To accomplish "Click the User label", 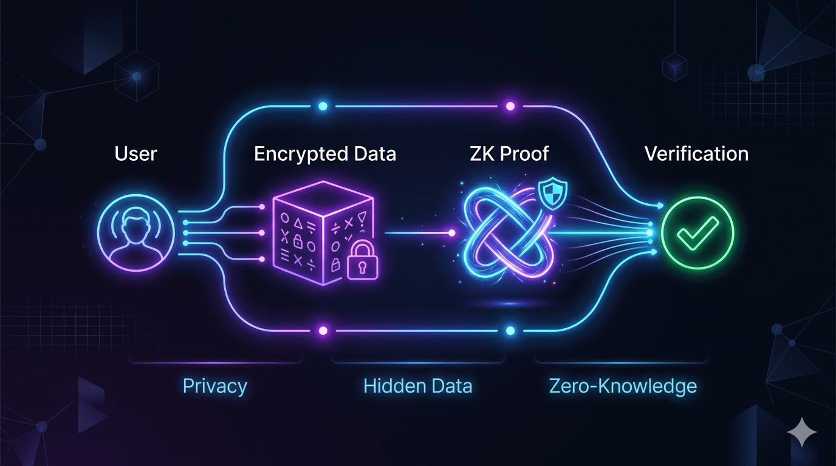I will click(136, 154).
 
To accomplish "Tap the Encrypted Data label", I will click(325, 154).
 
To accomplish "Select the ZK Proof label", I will click(510, 154).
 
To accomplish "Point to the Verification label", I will click(696, 154).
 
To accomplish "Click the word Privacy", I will click(215, 387).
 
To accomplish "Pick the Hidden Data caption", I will click(417, 387).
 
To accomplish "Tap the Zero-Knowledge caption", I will click(623, 387).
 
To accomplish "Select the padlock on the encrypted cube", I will click(361, 262).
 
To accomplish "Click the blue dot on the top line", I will click(323, 106).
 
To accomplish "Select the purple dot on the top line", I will click(510, 106).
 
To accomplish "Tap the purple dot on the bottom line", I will click(323, 331).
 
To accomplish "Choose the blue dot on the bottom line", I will click(510, 331).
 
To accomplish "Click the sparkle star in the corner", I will click(802, 433).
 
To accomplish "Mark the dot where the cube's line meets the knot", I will click(451, 232).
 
